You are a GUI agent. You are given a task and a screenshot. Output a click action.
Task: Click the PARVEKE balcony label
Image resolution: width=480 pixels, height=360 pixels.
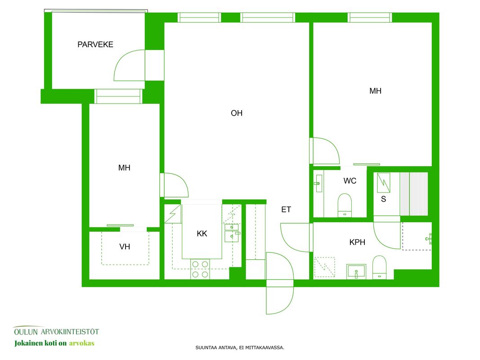(x=95, y=45)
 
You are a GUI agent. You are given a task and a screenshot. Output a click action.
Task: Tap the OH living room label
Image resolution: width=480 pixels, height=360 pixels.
(x=237, y=113)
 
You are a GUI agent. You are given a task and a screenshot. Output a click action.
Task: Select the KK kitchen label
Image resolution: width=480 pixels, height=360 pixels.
(x=202, y=234)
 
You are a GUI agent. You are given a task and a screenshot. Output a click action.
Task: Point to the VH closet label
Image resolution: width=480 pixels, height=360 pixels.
(x=125, y=247)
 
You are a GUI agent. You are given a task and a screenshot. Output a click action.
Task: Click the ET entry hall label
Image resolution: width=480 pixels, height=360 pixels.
(x=286, y=209)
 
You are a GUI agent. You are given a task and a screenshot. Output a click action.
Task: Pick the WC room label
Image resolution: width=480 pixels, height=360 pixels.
(x=350, y=180)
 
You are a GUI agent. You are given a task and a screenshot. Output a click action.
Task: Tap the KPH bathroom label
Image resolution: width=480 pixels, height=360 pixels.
(x=357, y=242)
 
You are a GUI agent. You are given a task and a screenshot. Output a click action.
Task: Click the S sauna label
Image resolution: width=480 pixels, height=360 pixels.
(x=384, y=199)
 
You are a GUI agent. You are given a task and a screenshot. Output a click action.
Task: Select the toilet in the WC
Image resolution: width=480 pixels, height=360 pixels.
(x=345, y=205)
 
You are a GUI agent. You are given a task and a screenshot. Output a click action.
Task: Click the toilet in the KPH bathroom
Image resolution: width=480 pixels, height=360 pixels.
(x=379, y=267)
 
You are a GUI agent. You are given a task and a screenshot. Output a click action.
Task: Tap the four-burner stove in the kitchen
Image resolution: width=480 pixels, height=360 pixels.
(x=200, y=269)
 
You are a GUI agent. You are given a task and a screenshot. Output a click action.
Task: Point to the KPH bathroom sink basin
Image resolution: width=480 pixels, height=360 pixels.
(x=356, y=272)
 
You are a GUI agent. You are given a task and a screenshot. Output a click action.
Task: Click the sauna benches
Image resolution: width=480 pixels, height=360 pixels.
(x=414, y=194)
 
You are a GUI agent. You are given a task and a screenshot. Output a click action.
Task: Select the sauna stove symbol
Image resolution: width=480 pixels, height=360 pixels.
(x=384, y=183)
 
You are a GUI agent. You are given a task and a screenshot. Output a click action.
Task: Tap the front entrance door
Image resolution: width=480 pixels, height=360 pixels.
(x=280, y=283)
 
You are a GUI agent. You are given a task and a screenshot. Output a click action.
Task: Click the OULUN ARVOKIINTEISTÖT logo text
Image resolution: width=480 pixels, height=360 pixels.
(x=56, y=332)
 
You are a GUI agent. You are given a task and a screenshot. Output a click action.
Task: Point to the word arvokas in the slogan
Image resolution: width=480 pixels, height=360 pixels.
(x=82, y=343)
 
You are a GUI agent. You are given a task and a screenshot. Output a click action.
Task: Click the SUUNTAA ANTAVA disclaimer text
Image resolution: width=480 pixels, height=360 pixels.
(x=240, y=347)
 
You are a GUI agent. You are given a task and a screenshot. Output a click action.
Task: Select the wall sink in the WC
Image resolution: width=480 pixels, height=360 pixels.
(x=319, y=183)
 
